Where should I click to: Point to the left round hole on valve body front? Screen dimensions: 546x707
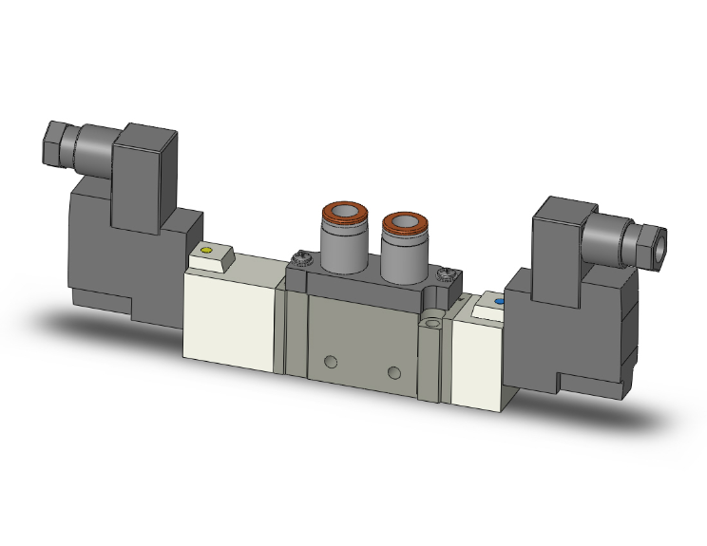point(330,362)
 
